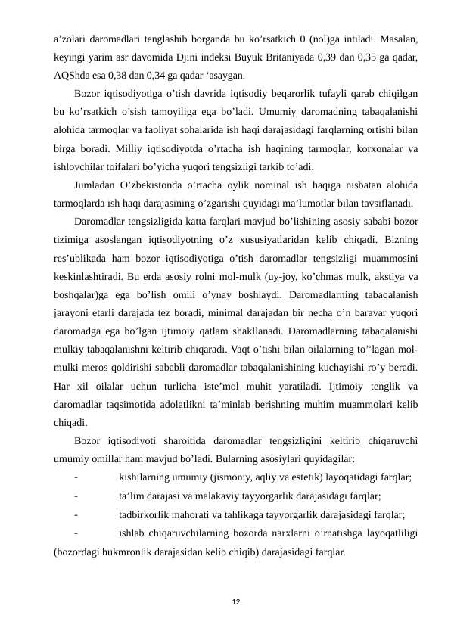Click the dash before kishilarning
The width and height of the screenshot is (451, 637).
[x=77, y=478]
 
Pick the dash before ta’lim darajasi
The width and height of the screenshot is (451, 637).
[x=77, y=496]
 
